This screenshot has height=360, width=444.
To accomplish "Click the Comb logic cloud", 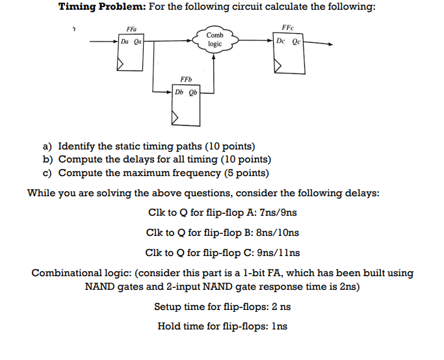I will tap(215, 40).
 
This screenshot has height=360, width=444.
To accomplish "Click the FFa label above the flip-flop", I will tap(132, 29).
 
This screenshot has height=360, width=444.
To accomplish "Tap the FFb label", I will tap(185, 80).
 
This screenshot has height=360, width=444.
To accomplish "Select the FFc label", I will tap(288, 27).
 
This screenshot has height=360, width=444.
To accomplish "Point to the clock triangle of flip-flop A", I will tap(120, 63).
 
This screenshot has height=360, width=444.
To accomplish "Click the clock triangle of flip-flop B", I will tap(175, 118).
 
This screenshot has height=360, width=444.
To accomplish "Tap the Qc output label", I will tap(296, 40).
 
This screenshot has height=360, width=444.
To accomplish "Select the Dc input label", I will tap(281, 40).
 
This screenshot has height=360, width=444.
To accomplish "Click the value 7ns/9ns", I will tap(277, 212).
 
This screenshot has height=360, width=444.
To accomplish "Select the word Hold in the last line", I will tap(169, 326).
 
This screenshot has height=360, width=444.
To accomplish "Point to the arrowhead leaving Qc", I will tap(330, 45).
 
